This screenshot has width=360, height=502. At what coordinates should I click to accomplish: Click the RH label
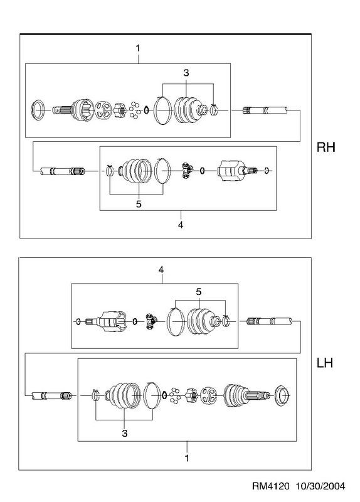click(x=326, y=147)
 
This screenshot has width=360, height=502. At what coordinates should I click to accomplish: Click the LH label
click(x=325, y=363)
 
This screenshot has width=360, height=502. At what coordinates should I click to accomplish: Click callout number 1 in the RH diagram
click(x=137, y=49)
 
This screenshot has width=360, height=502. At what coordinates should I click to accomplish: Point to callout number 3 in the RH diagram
click(x=186, y=73)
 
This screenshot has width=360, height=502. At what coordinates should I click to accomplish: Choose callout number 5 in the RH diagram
click(x=139, y=204)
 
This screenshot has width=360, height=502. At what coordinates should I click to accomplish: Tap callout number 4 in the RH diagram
click(x=181, y=225)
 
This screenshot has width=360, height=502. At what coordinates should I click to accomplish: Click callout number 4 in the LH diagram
click(x=161, y=270)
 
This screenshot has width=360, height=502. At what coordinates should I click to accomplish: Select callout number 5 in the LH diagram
click(x=199, y=292)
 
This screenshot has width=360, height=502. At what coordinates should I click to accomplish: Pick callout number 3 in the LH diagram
click(x=124, y=433)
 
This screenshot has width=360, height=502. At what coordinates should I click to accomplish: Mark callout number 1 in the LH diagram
click(x=187, y=458)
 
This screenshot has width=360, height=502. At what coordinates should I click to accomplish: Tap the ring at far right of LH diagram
click(x=282, y=397)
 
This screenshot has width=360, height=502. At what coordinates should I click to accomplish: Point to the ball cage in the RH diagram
click(x=103, y=110)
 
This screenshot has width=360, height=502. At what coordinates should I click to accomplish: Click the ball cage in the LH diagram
click(x=208, y=395)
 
